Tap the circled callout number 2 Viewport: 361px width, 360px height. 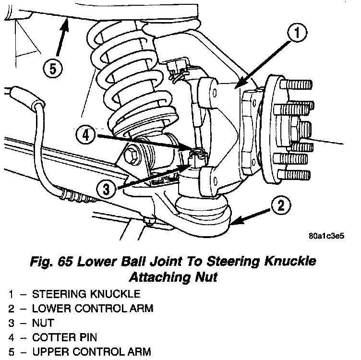281,206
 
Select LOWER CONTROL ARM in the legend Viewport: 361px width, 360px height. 93,309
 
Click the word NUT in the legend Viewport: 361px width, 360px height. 43,323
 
